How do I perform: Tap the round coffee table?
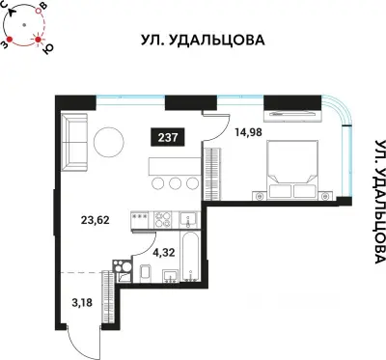108,143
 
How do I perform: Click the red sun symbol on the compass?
40,38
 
